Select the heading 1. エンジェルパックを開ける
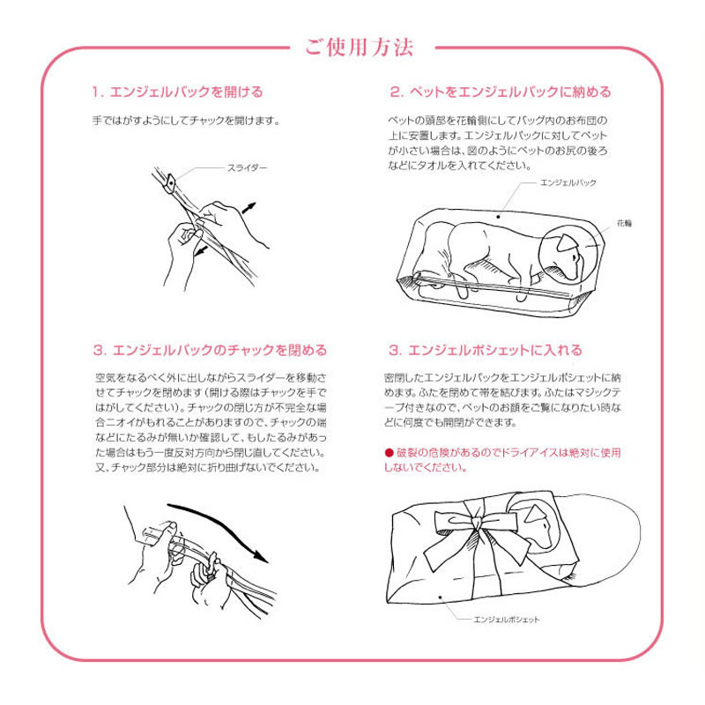[177, 92]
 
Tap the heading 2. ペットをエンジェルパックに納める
[500, 92]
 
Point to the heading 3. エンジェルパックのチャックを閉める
[209, 350]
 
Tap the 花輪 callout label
[625, 224]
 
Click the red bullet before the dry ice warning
[388, 452]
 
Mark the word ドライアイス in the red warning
[531, 452]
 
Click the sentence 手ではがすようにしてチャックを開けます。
[186, 121]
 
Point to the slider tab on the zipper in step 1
[169, 182]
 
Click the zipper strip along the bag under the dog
[493, 285]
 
